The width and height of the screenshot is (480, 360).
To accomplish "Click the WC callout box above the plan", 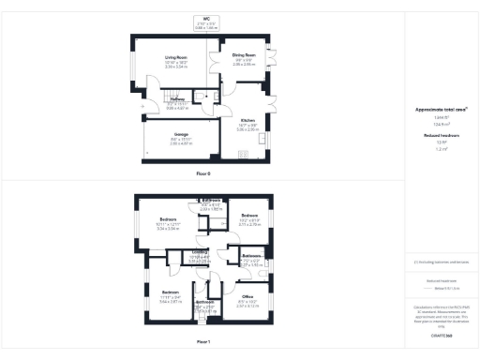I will [x=204, y=22].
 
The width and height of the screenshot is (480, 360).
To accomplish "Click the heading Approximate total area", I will [x=440, y=110].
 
